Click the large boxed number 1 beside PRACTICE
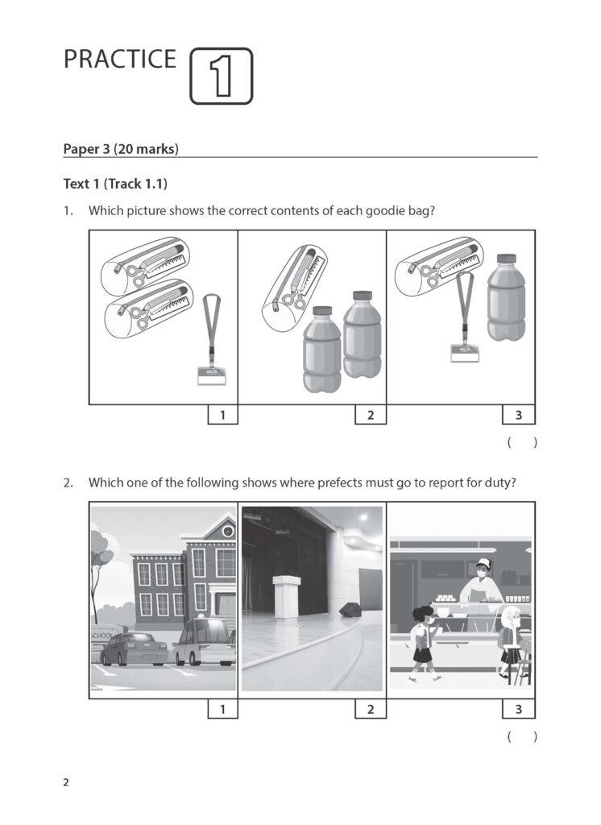point(221,76)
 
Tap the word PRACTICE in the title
point(120,60)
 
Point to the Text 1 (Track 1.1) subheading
point(115,184)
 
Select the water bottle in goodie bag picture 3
point(505,297)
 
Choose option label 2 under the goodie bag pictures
point(371,415)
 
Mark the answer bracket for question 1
point(522,442)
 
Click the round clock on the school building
point(228,532)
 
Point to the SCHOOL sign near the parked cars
point(103,636)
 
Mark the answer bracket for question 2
point(522,736)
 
